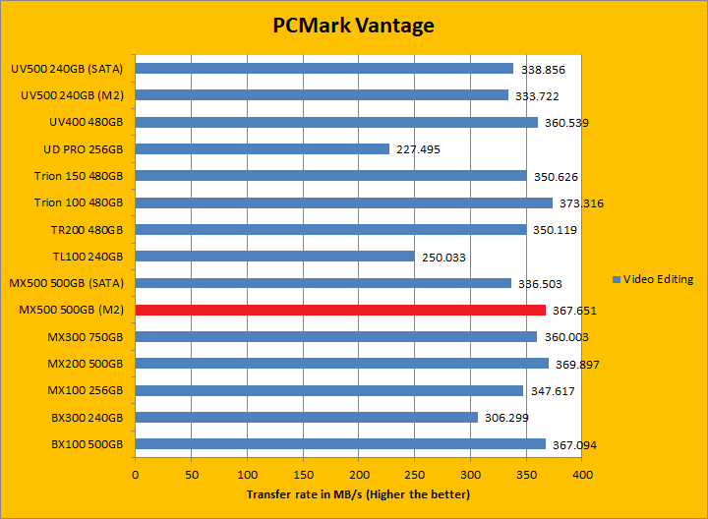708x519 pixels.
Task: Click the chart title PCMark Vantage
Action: [353, 26]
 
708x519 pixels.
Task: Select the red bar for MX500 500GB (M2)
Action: [340, 311]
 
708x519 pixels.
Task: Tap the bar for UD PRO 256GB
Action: [263, 149]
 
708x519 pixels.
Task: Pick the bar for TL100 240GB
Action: [275, 257]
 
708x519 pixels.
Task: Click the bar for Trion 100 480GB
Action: [344, 203]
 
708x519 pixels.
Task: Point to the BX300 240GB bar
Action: [307, 418]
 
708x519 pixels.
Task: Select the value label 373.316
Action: [580, 203]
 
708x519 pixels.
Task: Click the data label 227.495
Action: [420, 149]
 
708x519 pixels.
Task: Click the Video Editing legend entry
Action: [652, 279]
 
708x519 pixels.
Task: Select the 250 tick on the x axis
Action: [414, 475]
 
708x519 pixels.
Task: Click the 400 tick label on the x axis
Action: [582, 475]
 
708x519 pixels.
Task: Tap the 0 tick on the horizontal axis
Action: [136, 475]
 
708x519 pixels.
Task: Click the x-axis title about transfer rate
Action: [358, 493]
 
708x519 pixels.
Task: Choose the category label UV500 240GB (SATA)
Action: [67, 69]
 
